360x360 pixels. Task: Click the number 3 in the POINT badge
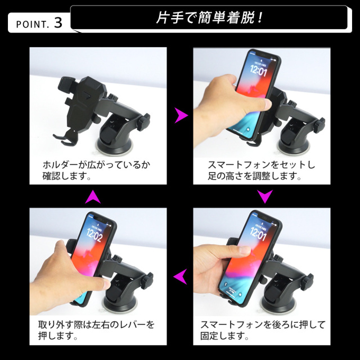(58, 23)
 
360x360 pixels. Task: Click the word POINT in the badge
(31, 24)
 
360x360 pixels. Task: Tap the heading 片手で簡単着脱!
(209, 17)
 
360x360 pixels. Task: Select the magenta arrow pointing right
(181, 115)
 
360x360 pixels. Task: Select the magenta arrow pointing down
(265, 196)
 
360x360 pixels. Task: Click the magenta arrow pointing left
(180, 276)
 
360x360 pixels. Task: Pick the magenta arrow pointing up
(93, 197)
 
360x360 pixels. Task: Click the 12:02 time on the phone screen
(94, 235)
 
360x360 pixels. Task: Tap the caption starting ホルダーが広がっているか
(96, 170)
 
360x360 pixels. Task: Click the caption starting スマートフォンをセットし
(262, 170)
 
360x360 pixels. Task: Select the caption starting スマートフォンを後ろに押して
(263, 330)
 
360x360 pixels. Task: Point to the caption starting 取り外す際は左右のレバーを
(96, 330)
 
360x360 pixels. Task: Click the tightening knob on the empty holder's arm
(143, 121)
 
